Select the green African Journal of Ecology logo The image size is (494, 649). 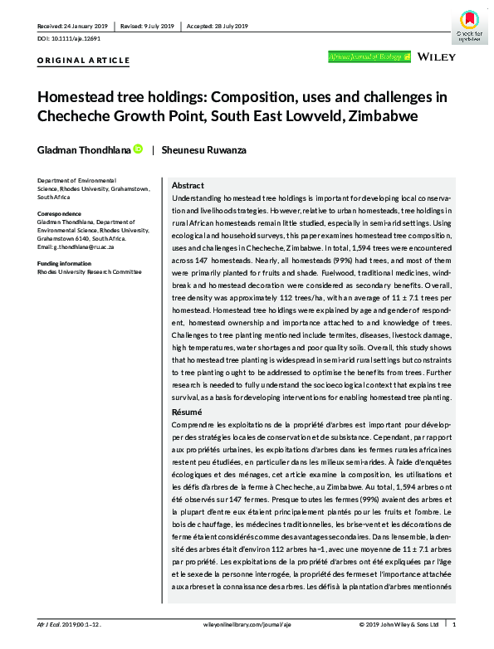[369, 57]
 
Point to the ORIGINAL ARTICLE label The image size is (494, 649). [83, 61]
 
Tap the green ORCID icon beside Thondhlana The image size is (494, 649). [138, 149]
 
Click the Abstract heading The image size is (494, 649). [188, 186]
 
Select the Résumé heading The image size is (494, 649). [187, 412]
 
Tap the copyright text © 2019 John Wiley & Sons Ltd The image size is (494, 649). [399, 624]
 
